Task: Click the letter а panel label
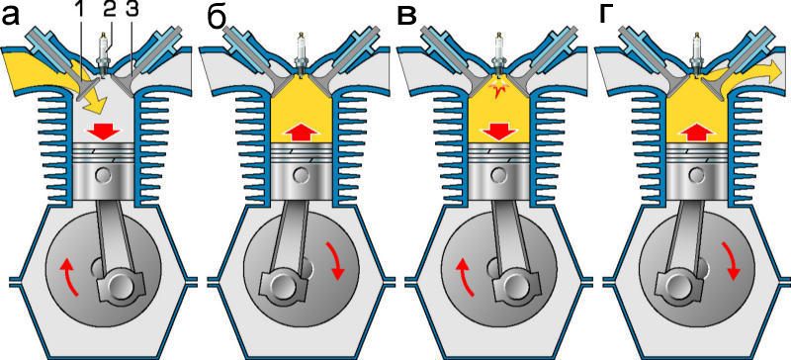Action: (x=11, y=17)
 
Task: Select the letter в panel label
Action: (x=407, y=17)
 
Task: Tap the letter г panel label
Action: (x=606, y=17)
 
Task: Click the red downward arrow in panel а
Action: (x=105, y=133)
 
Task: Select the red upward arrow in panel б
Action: (x=302, y=133)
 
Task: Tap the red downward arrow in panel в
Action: (x=499, y=133)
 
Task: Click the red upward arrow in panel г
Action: (x=697, y=133)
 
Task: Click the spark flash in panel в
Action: (x=499, y=90)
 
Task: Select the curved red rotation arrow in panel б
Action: (x=335, y=260)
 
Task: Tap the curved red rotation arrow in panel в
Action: (x=465, y=277)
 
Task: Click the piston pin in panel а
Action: (x=104, y=175)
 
